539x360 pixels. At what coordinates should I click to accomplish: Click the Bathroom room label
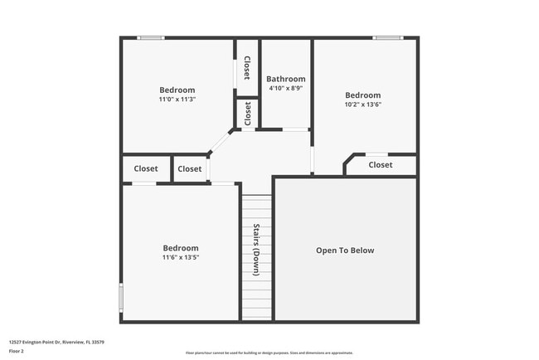(285, 80)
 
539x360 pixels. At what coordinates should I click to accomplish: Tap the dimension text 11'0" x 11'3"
(177, 100)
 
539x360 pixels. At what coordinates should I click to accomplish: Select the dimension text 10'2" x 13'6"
(362, 105)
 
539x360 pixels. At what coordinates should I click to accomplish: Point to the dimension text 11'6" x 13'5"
(180, 258)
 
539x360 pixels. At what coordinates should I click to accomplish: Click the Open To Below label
(345, 251)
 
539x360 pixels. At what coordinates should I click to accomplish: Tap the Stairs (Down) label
(256, 250)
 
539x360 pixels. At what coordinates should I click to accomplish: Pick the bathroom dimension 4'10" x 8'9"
(285, 89)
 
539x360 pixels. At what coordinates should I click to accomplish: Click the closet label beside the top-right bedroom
(381, 165)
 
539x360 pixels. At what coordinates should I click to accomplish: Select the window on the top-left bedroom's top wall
(150, 37)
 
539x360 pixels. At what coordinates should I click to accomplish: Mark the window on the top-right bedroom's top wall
(386, 37)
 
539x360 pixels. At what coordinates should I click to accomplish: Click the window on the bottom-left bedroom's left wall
(121, 297)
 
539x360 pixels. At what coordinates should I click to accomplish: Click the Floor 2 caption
(17, 351)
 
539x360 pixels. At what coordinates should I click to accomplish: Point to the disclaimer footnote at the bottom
(269, 353)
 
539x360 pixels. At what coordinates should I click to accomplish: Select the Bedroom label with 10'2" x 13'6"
(362, 95)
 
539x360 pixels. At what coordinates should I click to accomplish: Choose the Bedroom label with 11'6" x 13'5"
(180, 248)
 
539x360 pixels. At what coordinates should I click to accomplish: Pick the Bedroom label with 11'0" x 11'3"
(177, 90)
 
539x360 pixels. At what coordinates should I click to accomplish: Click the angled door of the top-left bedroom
(220, 142)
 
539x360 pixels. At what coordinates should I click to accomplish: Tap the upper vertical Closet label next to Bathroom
(247, 67)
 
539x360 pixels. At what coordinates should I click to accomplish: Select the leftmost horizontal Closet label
(146, 168)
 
